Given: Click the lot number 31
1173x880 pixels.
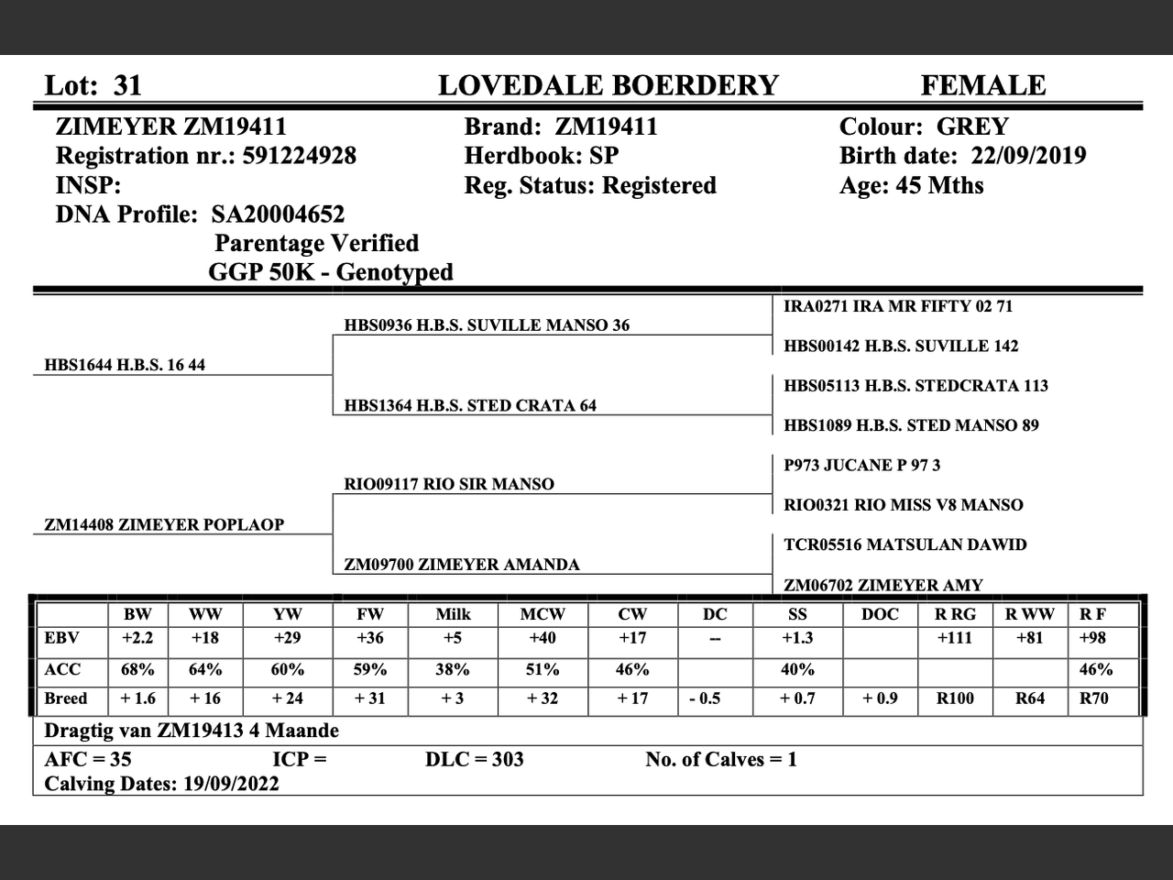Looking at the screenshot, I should pos(127,85).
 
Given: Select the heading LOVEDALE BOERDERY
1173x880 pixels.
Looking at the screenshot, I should pos(608,85).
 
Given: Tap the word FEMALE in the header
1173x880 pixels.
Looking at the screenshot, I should pos(982,85).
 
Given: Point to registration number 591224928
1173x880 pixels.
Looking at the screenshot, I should pos(299,156).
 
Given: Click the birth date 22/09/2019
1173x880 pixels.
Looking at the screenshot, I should pos(1028,156).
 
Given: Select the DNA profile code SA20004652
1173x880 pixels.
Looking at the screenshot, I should pos(278,214).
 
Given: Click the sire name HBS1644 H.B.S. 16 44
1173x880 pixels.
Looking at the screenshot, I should pos(125,365).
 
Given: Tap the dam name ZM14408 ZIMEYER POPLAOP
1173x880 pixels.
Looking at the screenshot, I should pos(164,524).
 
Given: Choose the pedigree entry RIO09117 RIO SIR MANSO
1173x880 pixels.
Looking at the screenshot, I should pos(449,484).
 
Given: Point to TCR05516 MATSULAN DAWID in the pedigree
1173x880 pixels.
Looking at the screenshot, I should pos(904,544).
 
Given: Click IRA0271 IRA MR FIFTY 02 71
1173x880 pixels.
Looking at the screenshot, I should pos(898,306).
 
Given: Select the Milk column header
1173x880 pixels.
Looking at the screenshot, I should pos(453,614).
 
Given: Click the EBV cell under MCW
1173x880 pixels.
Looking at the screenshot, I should pos(543,638).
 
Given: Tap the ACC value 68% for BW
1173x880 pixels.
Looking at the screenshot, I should pos(137,669).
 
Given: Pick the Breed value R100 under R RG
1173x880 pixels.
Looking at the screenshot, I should pos(955,698).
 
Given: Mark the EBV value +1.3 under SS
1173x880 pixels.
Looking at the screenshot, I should pos(797,638).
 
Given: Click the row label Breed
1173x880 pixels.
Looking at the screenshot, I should pos(66,698).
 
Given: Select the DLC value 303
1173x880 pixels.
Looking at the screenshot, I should pos(507,759).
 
